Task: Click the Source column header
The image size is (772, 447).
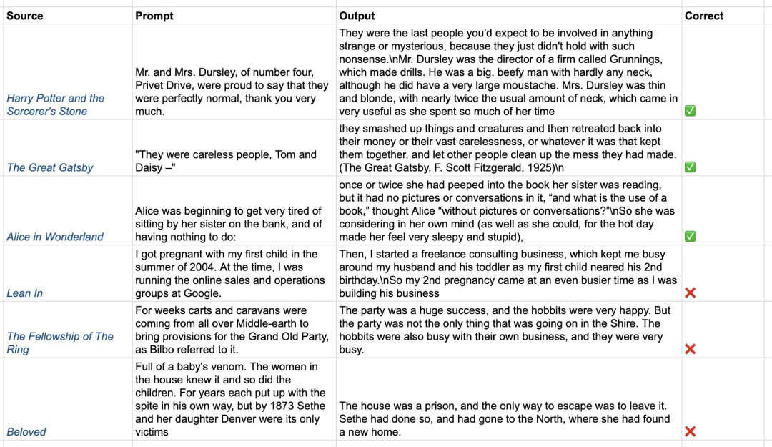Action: pyautogui.click(x=25, y=16)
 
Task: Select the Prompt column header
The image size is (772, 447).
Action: pyautogui.click(x=154, y=16)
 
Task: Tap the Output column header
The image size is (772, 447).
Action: pyautogui.click(x=357, y=16)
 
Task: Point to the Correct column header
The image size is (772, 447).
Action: pyautogui.click(x=704, y=16)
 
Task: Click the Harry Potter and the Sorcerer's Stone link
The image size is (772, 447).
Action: pyautogui.click(x=56, y=104)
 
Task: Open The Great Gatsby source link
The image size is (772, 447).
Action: pyautogui.click(x=50, y=167)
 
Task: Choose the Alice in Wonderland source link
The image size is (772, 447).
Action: pyautogui.click(x=55, y=237)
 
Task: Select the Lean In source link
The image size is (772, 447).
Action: pyautogui.click(x=25, y=293)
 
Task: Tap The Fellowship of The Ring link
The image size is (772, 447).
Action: pyautogui.click(x=60, y=343)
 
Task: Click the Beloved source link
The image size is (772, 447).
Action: pyautogui.click(x=26, y=432)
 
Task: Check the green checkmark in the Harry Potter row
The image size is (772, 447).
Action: pyautogui.click(x=691, y=111)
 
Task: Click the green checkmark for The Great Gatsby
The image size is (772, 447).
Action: pyautogui.click(x=691, y=167)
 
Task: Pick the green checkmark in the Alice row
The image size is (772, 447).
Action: pyautogui.click(x=691, y=237)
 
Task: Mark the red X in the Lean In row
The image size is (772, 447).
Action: pyautogui.click(x=691, y=293)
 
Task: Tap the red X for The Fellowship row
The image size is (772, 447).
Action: pyautogui.click(x=691, y=349)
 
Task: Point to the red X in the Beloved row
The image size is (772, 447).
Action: pyautogui.click(x=691, y=431)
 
